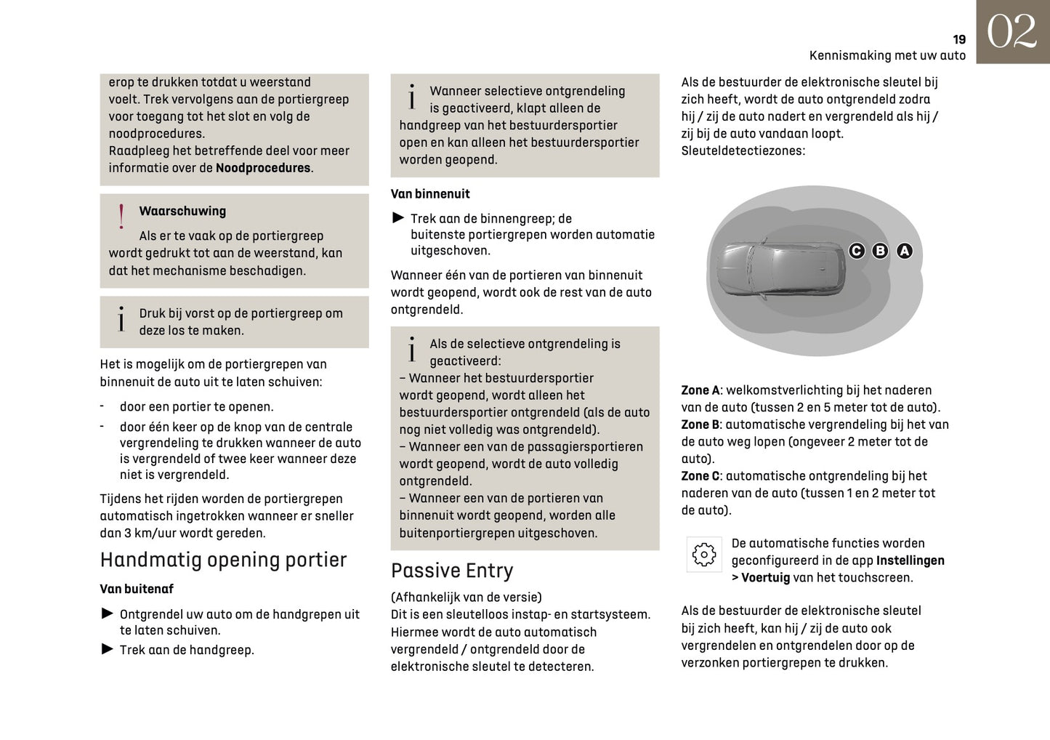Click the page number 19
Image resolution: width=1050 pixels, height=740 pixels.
[x=958, y=39]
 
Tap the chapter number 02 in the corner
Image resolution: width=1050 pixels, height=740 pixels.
[x=1011, y=32]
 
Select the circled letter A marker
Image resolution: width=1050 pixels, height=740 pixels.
[x=904, y=251]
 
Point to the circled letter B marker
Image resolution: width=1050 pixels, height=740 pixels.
[x=880, y=251]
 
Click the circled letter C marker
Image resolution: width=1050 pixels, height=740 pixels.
[x=857, y=251]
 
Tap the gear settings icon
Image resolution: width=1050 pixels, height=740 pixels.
[x=703, y=555]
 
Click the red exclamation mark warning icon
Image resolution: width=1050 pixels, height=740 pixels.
[x=121, y=217]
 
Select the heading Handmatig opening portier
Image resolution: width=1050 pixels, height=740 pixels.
[x=223, y=560]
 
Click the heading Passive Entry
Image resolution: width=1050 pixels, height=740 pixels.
[x=451, y=571]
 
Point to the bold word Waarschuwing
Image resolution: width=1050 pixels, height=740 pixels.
[x=182, y=212]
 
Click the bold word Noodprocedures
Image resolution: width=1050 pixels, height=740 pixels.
[x=263, y=168]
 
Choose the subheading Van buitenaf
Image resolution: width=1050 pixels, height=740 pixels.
[x=137, y=589]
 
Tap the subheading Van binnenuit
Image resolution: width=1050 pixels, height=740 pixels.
[x=430, y=194]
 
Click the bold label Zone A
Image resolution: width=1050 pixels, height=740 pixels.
[x=700, y=390]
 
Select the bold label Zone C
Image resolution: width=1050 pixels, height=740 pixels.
[x=700, y=476]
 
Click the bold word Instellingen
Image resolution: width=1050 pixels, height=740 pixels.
[x=910, y=560]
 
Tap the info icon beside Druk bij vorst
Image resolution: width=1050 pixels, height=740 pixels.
[x=121, y=319]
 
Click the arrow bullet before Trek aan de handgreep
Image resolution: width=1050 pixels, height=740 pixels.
[x=107, y=649]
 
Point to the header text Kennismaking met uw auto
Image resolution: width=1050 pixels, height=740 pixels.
[x=887, y=55]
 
